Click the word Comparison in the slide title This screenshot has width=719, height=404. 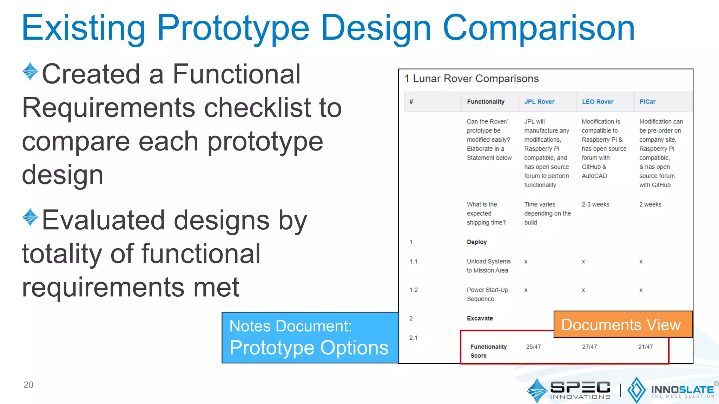tap(539, 28)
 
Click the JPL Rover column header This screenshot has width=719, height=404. tap(539, 102)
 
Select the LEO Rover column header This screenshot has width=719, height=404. tap(597, 102)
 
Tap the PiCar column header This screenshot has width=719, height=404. tap(647, 102)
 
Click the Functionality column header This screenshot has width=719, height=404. tap(485, 102)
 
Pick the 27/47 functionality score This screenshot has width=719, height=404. tap(589, 347)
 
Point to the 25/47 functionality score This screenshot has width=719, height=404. tap(533, 347)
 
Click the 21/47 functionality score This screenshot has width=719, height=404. tap(645, 347)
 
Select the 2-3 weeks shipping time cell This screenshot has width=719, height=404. tap(595, 204)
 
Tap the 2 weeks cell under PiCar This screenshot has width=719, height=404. tap(650, 204)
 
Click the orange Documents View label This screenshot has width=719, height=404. tap(621, 325)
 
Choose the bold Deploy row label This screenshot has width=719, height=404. tap(476, 242)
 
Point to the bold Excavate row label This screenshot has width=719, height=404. tap(480, 318)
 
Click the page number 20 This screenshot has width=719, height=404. tap(28, 385)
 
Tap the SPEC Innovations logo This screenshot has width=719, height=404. tap(569, 390)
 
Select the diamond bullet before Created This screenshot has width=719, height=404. tap(30, 71)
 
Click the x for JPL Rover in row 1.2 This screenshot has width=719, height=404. tap(526, 290)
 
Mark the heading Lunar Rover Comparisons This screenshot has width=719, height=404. tap(475, 79)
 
